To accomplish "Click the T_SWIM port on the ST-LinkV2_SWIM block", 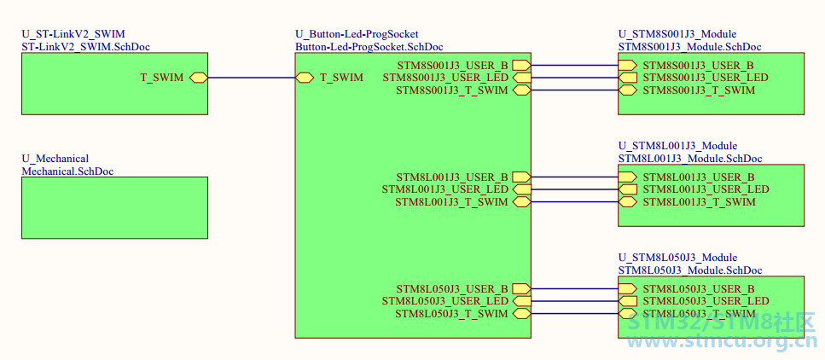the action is coord(198,78).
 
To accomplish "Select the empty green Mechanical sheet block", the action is coord(114,208).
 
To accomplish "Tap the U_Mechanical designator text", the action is coord(55,159).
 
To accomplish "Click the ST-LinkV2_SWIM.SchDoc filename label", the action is coord(86,47).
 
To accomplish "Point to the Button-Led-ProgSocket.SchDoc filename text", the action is coord(369,47).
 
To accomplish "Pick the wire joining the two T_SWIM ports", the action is coord(252,78).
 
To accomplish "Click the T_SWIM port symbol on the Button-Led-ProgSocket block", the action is coord(305,78).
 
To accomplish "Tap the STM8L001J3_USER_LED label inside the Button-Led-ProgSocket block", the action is coord(445,189).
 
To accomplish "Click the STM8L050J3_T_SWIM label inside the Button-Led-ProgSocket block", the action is coord(452,314).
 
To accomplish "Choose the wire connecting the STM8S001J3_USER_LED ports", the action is coord(574,78).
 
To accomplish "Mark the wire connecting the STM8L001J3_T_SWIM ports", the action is coord(574,202).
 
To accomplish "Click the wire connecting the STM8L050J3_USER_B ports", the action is coord(574,288).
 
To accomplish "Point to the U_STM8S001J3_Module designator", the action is coord(677,35).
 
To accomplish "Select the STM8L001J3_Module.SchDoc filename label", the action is coord(690,159).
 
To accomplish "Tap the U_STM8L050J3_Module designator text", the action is coord(677,258).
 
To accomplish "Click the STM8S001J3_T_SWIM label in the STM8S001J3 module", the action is coord(700,90).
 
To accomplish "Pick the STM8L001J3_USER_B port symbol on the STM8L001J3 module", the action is coord(628,177).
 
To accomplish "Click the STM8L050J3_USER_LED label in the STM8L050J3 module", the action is coord(706,301).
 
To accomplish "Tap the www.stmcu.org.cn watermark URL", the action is coord(722,343).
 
